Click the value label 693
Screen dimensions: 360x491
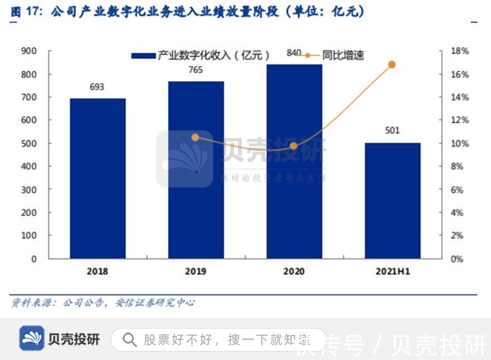pyautogui.click(x=97, y=87)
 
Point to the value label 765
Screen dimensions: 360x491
pyautogui.click(x=195, y=71)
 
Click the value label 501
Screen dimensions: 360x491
pyautogui.click(x=392, y=131)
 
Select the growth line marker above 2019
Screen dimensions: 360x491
pyautogui.click(x=195, y=137)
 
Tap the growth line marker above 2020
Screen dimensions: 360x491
pyautogui.click(x=294, y=146)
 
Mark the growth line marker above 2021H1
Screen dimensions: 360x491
pyautogui.click(x=392, y=65)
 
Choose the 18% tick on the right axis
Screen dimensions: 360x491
pyautogui.click(x=460, y=52)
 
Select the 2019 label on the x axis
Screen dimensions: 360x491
pyautogui.click(x=195, y=272)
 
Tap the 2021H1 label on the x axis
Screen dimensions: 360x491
pyautogui.click(x=392, y=272)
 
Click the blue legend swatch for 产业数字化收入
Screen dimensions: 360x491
pyautogui.click(x=143, y=56)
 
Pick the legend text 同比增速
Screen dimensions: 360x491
pyautogui.click(x=343, y=55)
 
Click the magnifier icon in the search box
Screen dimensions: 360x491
pyautogui.click(x=130, y=339)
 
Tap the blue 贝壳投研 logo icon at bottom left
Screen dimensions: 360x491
pyautogui.click(x=32, y=339)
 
